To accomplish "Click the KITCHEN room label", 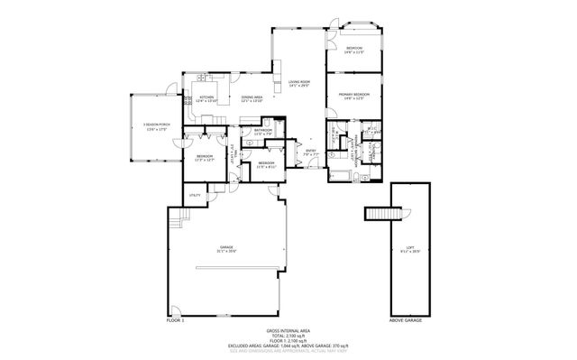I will pos(206,97).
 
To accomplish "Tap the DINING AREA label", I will pos(252,97).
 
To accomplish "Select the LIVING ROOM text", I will pos(299,83).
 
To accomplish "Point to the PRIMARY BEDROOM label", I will pos(354,94).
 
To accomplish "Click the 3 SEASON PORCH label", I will pos(157,125).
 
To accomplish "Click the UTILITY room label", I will pos(194,195).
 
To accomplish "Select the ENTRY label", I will pos(311,151).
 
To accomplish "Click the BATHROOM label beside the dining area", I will pos(263,130).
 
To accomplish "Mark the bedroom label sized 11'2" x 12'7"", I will pos(205,157).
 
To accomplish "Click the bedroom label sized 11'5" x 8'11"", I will pos(266,164).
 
